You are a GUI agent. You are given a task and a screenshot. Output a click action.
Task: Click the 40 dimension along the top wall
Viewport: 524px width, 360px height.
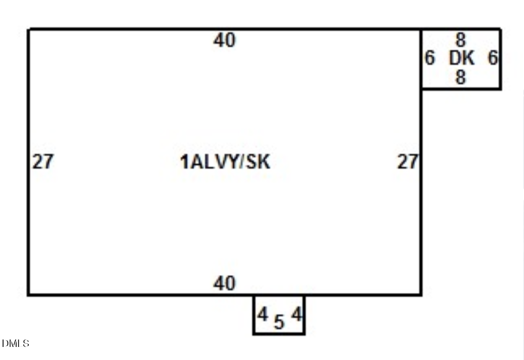tap(225, 40)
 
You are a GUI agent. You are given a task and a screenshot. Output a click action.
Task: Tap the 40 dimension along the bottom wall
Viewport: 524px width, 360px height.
tap(225, 283)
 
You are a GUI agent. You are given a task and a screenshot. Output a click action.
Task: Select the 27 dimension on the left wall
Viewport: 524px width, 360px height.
tap(43, 161)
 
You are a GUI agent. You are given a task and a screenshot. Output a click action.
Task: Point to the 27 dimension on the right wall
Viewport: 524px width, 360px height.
tap(408, 161)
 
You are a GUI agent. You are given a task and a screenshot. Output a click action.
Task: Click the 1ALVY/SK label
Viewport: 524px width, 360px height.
tap(225, 162)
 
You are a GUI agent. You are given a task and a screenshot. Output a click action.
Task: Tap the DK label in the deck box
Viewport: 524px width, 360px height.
tap(462, 58)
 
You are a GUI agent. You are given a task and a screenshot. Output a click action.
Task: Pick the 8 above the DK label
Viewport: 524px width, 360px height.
tap(461, 40)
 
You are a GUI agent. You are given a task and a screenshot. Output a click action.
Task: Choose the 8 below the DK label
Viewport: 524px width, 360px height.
tap(461, 77)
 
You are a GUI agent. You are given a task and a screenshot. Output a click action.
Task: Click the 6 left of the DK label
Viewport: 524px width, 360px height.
tap(430, 58)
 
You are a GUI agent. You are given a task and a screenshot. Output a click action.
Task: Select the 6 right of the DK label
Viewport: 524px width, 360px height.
tap(493, 58)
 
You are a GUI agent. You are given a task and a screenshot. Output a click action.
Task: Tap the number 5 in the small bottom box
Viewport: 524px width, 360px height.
tap(279, 322)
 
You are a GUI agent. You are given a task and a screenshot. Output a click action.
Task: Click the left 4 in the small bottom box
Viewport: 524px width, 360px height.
tap(262, 314)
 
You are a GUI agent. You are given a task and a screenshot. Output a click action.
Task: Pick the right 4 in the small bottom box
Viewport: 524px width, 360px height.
tap(296, 314)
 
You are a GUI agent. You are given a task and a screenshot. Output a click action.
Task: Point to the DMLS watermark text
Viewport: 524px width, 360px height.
tap(15, 343)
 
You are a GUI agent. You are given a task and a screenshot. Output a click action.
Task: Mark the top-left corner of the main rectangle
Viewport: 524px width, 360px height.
tap(28, 29)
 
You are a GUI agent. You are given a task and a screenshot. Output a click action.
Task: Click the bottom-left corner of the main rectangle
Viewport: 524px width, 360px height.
tap(28, 295)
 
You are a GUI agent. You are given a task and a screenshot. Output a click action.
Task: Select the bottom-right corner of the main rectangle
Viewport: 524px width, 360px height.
tap(421, 295)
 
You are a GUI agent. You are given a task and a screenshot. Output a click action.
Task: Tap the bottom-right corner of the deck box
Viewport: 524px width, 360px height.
tap(500, 88)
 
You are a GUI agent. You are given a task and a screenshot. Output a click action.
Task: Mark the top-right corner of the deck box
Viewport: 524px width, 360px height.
tap(500, 29)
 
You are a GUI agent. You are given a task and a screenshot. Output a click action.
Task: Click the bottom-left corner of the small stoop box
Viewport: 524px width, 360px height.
tap(254, 333)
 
